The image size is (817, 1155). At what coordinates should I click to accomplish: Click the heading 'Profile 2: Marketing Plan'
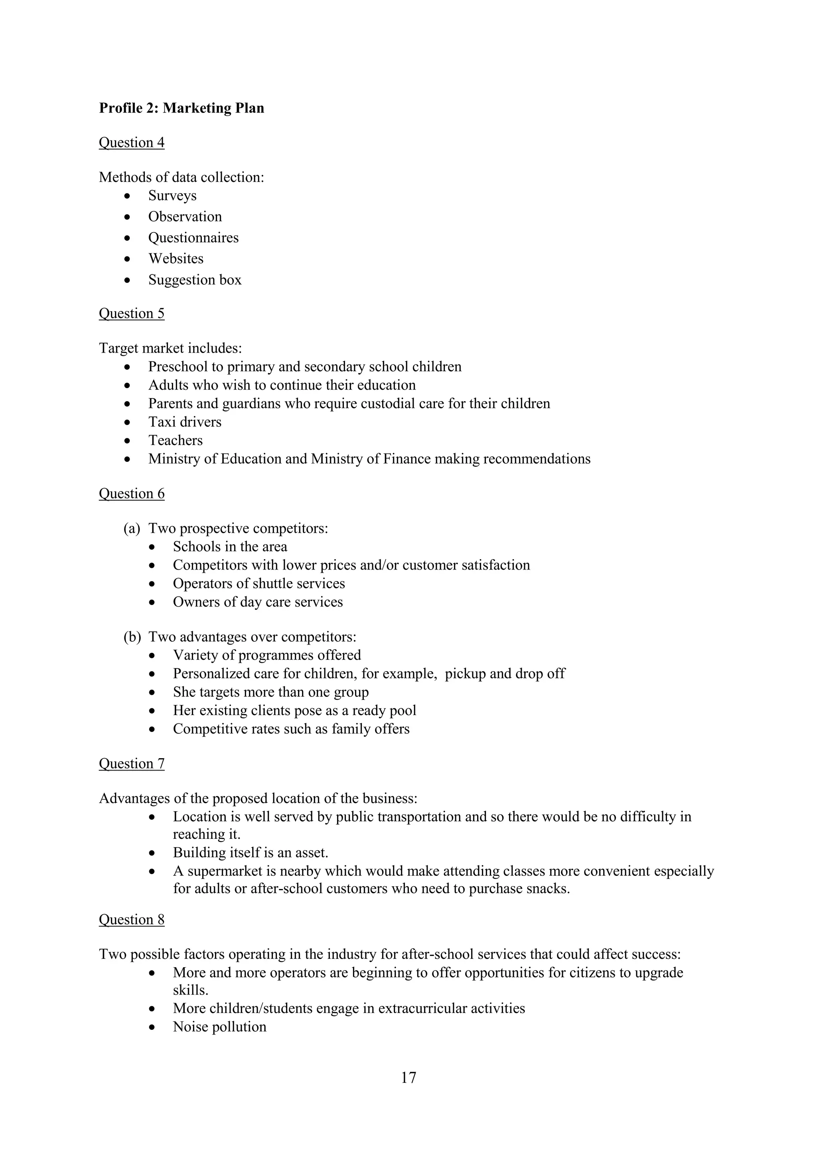point(181,108)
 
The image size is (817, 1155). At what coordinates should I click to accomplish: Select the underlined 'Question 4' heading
point(131,143)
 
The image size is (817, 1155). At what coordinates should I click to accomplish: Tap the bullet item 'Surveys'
point(172,196)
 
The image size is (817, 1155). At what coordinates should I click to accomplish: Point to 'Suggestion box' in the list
point(195,280)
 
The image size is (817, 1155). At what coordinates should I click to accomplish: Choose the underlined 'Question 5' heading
point(131,313)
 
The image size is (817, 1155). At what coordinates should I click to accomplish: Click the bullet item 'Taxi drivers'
point(185,422)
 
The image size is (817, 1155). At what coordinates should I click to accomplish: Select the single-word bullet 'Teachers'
point(175,440)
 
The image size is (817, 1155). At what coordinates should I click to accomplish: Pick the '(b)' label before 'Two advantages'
point(132,637)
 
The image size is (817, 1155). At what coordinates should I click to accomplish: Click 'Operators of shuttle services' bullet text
point(259,583)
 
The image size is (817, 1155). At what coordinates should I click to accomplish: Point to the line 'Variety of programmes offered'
point(266,655)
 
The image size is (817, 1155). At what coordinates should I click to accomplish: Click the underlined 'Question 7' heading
point(131,764)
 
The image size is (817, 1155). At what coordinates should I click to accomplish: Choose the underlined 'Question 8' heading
point(131,920)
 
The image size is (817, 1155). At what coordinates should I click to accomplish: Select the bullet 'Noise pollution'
point(219,1027)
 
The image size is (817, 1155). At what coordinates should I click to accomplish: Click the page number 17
point(408,1078)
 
